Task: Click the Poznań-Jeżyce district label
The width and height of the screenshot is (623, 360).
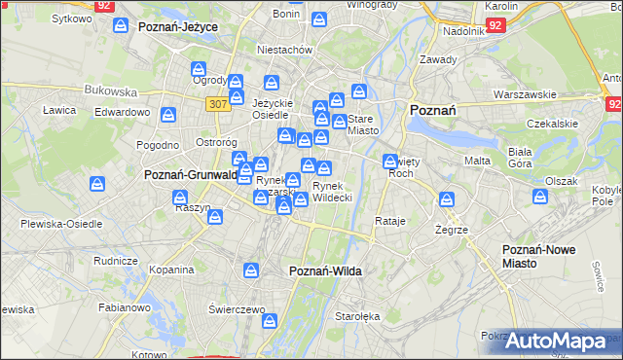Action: coord(177,27)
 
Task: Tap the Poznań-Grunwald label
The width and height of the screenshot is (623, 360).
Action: coord(191,175)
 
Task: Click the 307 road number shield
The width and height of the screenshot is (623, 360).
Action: coord(218,103)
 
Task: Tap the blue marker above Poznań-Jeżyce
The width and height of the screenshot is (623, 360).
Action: coord(121,26)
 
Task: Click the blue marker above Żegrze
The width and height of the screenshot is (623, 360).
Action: coord(447,200)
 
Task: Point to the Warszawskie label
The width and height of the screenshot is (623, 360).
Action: coord(524,94)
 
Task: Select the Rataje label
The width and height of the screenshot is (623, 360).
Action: coord(389,221)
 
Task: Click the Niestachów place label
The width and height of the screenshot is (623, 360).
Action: coord(283,49)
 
